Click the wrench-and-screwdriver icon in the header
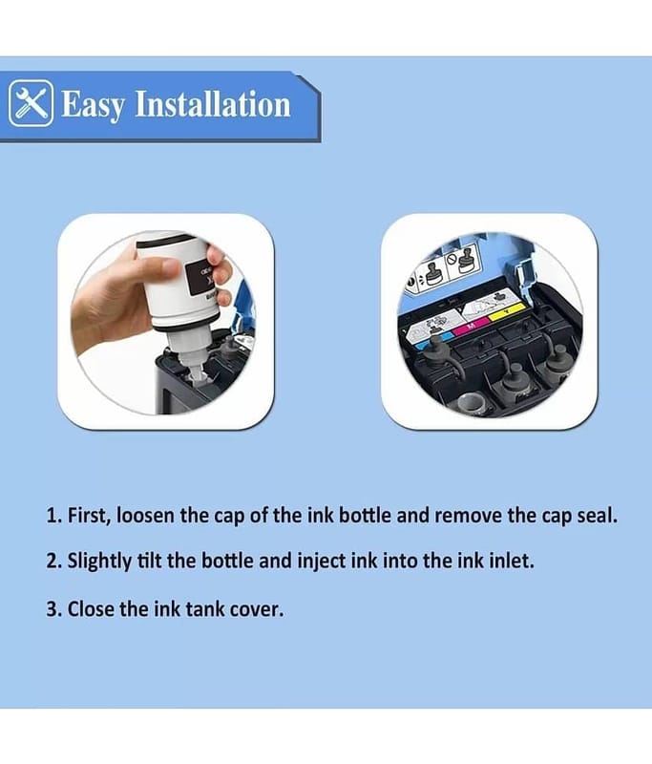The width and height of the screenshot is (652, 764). (31, 103)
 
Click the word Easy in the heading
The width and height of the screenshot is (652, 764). (93, 104)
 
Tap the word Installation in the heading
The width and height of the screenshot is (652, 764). (212, 103)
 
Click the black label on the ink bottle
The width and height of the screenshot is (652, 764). (200, 278)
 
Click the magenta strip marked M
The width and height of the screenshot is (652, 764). (470, 326)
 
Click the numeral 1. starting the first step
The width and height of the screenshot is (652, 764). (53, 516)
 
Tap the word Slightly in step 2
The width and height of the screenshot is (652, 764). (99, 562)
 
